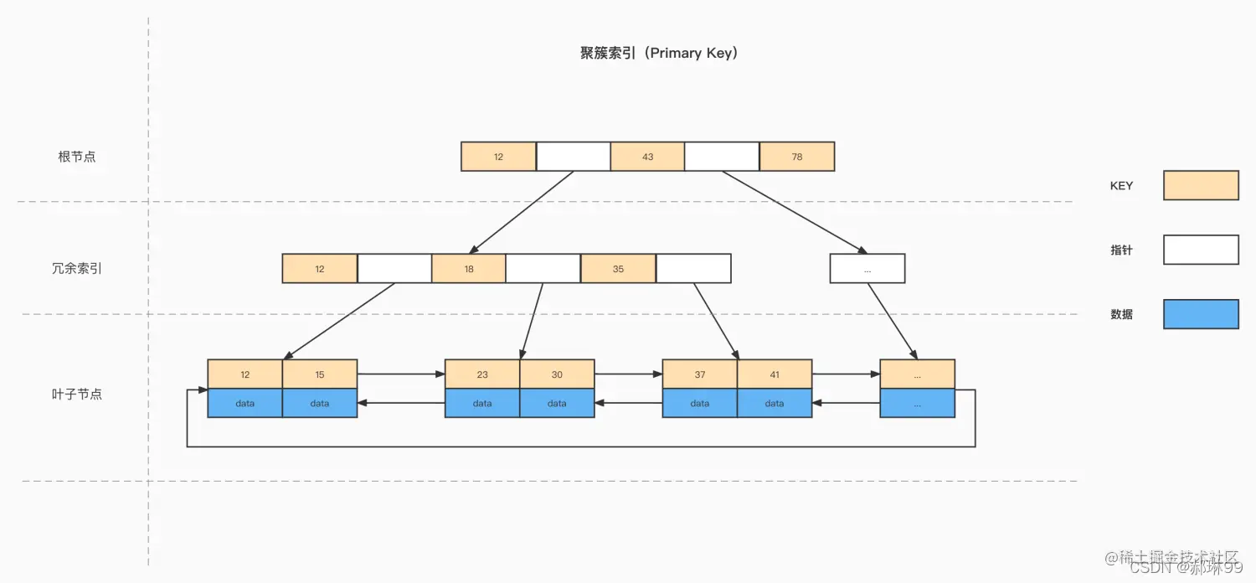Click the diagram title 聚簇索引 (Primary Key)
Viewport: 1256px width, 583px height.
click(658, 54)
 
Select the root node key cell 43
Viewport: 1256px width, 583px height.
click(647, 157)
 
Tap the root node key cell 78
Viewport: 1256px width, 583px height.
click(796, 157)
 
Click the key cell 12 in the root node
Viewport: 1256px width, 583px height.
click(498, 157)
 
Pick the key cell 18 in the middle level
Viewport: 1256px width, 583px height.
click(469, 269)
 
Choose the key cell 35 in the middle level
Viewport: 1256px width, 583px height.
click(618, 269)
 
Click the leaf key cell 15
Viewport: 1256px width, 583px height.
click(320, 374)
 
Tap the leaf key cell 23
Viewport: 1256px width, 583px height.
click(482, 374)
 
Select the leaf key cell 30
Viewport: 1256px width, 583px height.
click(557, 374)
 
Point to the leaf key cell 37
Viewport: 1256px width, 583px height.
click(700, 374)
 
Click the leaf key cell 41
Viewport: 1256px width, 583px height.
click(775, 374)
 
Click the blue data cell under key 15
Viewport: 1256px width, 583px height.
click(320, 403)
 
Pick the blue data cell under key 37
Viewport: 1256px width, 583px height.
click(700, 403)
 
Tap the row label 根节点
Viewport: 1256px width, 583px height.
click(77, 157)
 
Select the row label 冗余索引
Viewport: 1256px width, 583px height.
click(77, 269)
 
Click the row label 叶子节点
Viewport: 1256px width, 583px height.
click(77, 394)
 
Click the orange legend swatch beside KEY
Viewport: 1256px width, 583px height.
click(1201, 185)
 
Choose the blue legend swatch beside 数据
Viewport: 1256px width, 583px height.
click(1201, 314)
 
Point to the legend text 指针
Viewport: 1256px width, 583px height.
click(1121, 250)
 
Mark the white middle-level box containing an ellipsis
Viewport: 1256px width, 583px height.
click(867, 269)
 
